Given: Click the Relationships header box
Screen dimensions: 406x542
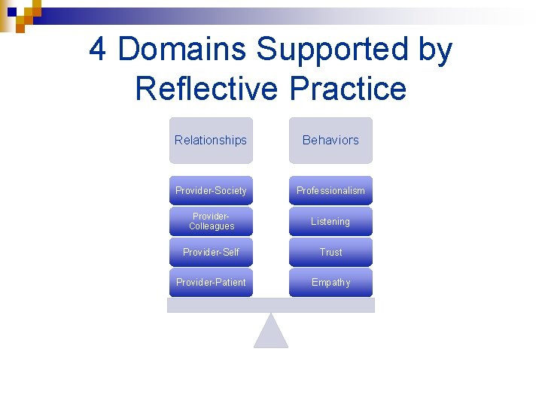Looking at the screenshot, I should pyautogui.click(x=211, y=141).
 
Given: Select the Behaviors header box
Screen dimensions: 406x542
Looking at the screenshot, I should pyautogui.click(x=330, y=141).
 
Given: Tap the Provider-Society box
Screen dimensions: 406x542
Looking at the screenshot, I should pyautogui.click(x=211, y=191).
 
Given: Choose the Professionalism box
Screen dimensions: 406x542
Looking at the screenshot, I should pyautogui.click(x=330, y=191).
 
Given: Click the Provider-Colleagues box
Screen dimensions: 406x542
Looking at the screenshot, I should pyautogui.click(x=211, y=222).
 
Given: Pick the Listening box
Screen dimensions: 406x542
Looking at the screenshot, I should pyautogui.click(x=330, y=222).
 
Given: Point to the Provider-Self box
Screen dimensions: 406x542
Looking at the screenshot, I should pyautogui.click(x=211, y=252).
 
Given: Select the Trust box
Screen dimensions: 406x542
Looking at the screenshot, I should pyautogui.click(x=330, y=252).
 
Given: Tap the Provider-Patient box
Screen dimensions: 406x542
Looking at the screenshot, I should pyautogui.click(x=211, y=283).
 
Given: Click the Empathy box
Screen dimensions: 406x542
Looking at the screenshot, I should pyautogui.click(x=330, y=283).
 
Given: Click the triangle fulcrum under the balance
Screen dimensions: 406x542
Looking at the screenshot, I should pyautogui.click(x=271, y=334).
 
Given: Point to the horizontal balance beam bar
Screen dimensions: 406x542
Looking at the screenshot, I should pyautogui.click(x=271, y=305).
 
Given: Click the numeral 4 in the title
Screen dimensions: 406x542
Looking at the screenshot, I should pyautogui.click(x=98, y=50).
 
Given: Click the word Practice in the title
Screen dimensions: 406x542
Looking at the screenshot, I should pyautogui.click(x=347, y=89).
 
